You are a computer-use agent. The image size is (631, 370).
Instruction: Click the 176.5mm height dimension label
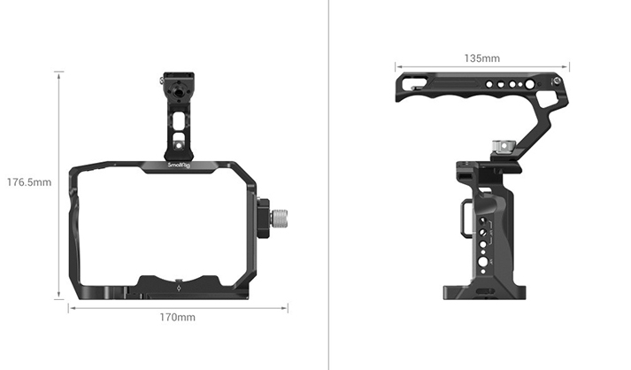pos(29,182)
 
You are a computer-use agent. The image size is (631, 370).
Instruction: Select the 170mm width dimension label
pos(178,316)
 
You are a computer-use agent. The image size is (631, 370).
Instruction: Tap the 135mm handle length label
pos(481,58)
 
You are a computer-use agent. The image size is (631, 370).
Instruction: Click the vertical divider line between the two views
pos(328,185)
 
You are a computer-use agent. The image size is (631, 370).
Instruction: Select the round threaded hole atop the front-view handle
pos(177,89)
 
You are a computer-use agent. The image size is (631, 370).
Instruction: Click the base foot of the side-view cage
pos(484,291)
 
